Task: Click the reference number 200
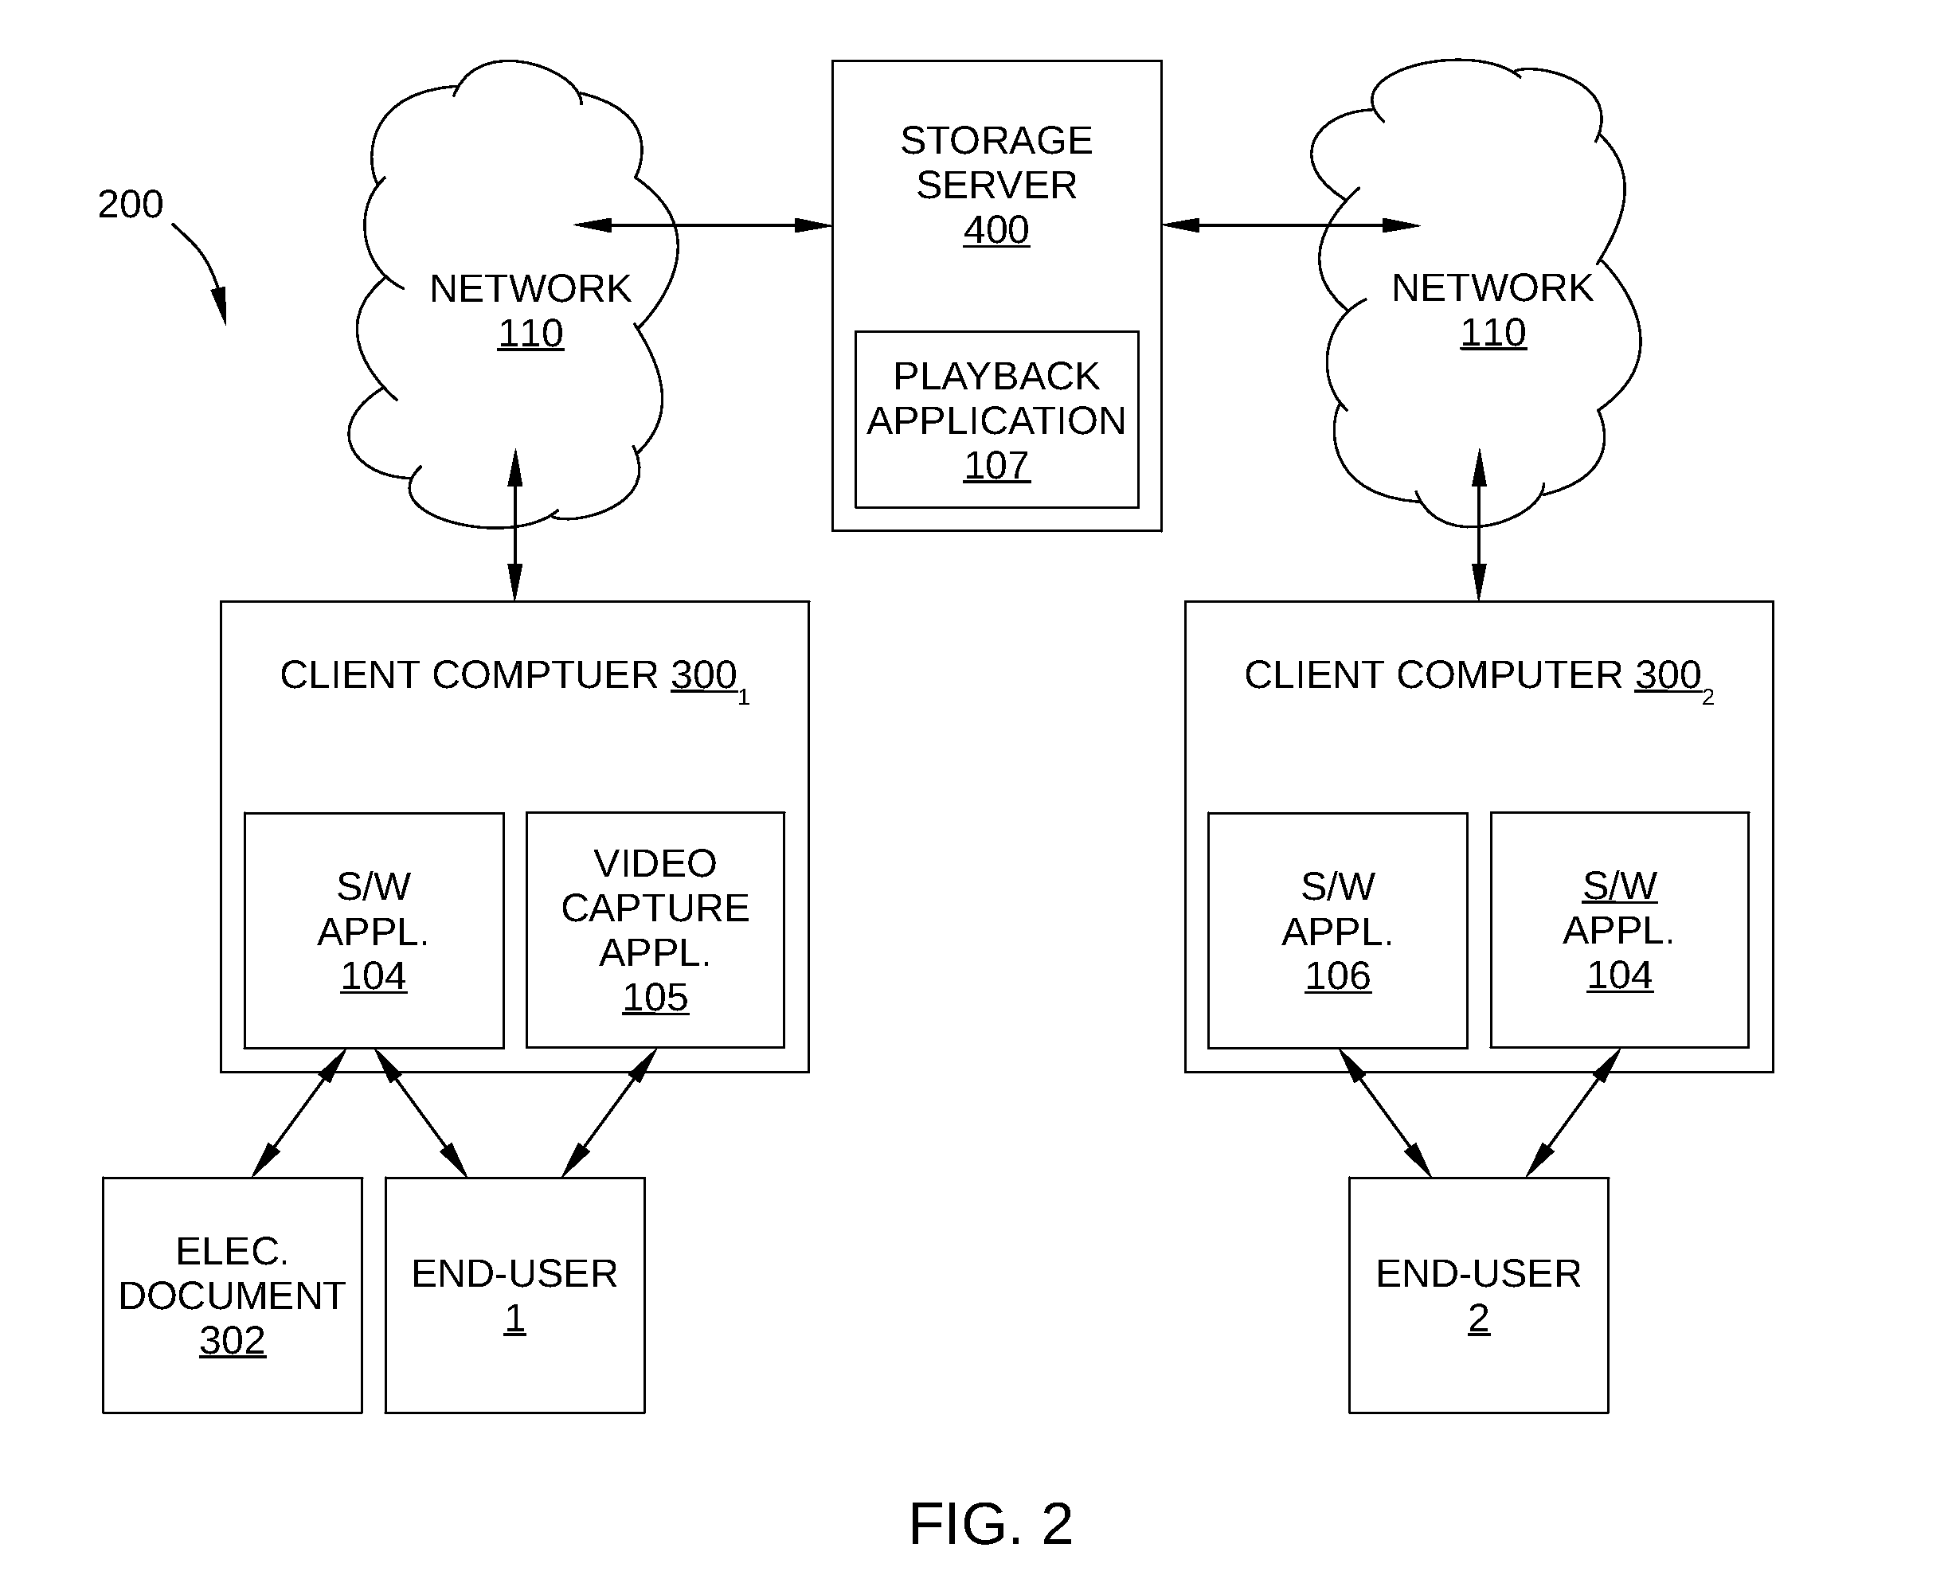pos(131,204)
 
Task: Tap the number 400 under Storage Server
pos(996,230)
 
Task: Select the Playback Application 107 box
pos(996,419)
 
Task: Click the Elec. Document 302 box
pos(233,1295)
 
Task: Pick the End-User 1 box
pos(514,1295)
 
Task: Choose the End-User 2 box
pos(1478,1295)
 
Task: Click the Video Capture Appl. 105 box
pos(655,930)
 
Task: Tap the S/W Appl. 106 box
pos(1337,931)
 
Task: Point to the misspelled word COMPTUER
pos(546,675)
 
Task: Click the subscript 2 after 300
pos(1707,698)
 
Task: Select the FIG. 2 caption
pos(991,1523)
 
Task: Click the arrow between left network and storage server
pos(703,225)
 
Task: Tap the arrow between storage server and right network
pos(1291,225)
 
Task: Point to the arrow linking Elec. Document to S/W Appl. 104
pos(299,1113)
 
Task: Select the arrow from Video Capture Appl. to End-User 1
pos(608,1113)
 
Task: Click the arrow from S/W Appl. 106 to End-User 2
pos(1385,1113)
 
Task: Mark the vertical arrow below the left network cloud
pos(514,525)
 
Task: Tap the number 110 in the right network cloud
pos(1492,333)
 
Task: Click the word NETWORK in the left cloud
pos(530,289)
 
